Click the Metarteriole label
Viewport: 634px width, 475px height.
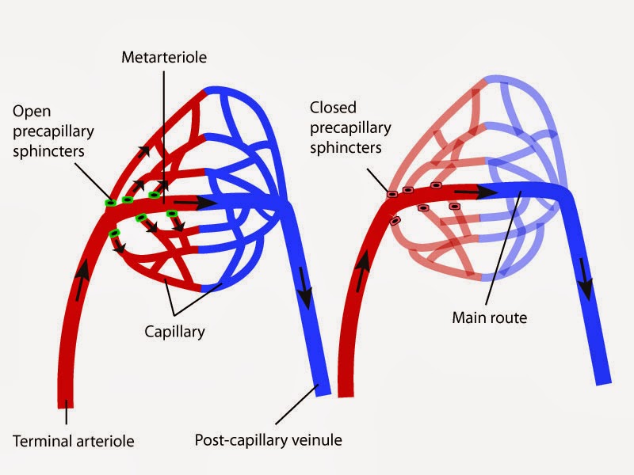pyautogui.click(x=164, y=59)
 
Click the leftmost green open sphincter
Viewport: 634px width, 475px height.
pyautogui.click(x=110, y=203)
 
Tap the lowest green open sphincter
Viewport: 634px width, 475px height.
pyautogui.click(x=114, y=233)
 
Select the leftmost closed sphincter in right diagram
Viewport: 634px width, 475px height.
pyautogui.click(x=391, y=194)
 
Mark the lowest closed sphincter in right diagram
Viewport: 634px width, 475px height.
pyautogui.click(x=395, y=221)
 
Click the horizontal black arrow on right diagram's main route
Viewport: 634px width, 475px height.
pyautogui.click(x=467, y=191)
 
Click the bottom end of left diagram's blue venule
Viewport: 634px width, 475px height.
pyautogui.click(x=322, y=390)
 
